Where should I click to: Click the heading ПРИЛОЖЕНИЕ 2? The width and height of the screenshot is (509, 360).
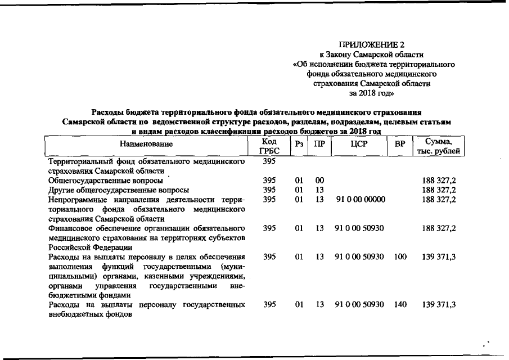click(372, 44)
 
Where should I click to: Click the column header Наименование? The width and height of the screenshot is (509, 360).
click(146, 145)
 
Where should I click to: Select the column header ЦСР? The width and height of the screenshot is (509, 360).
click(359, 145)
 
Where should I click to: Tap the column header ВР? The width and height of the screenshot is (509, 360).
click(400, 145)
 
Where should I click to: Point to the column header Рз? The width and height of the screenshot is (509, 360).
click(299, 145)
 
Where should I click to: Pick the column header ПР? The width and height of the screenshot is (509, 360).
click(319, 145)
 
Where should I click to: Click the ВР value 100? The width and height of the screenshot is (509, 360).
click(400, 257)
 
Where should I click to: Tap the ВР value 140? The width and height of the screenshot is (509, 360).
click(400, 305)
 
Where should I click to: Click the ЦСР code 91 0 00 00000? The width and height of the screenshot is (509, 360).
click(359, 199)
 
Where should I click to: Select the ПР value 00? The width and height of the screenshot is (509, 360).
click(319, 181)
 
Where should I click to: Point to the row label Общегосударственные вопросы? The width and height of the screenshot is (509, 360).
click(106, 181)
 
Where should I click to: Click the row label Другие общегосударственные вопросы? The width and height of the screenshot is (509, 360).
click(118, 190)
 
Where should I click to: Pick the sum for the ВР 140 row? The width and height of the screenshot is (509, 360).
click(439, 305)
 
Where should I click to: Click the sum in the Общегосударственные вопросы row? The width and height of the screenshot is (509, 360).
click(439, 181)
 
